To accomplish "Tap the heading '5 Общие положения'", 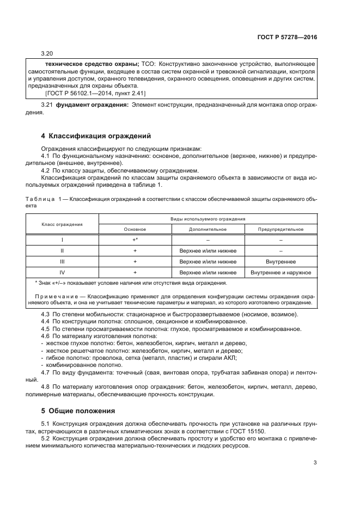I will click(x=74, y=410).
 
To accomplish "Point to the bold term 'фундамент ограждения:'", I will click(x=92, y=104).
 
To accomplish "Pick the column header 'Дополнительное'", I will click(x=208, y=229).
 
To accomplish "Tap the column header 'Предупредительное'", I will click(x=281, y=229).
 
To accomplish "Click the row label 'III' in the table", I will click(x=63, y=261).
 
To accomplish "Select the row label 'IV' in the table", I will click(x=63, y=272).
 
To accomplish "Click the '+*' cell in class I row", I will click(x=135, y=240).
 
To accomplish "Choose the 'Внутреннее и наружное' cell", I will click(x=281, y=272).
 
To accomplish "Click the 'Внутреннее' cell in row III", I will click(x=281, y=261).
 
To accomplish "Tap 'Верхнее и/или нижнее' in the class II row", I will click(x=208, y=250).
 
